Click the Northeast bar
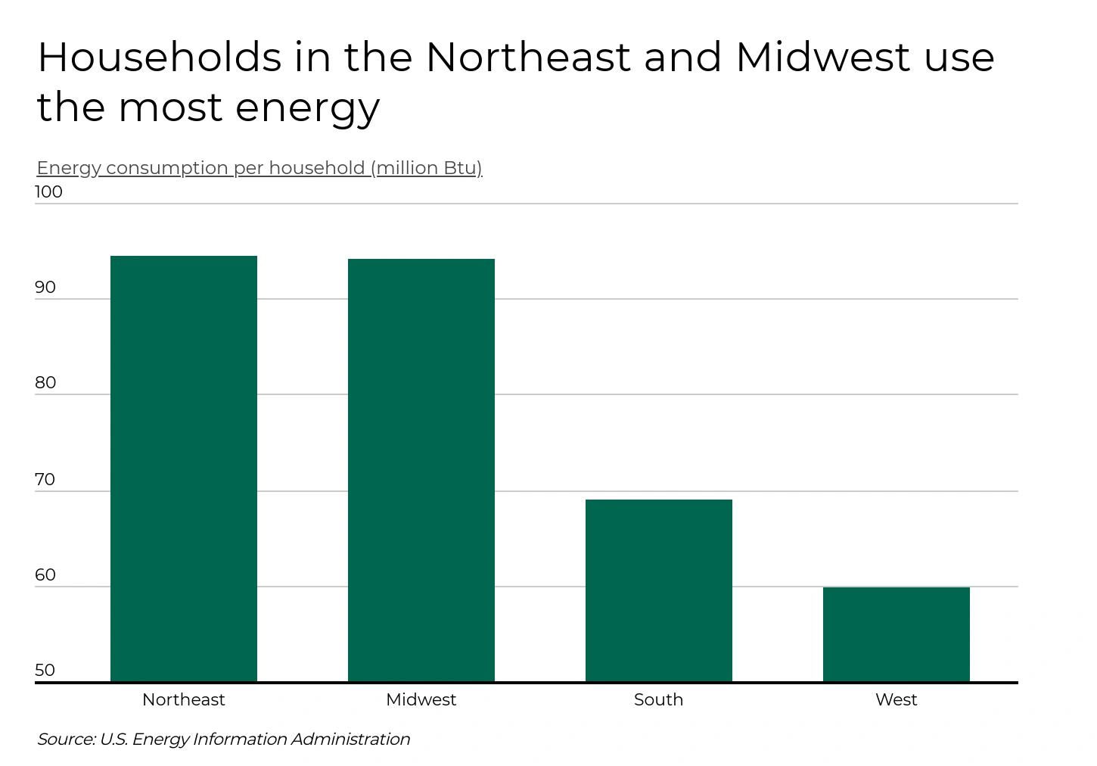click(184, 469)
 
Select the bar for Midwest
click(421, 470)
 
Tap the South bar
click(659, 590)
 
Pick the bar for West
click(897, 634)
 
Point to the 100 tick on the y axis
click(48, 192)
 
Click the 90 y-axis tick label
click(45, 288)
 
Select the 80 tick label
click(45, 383)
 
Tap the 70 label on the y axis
click(45, 480)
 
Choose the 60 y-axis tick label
click(45, 575)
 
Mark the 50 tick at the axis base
click(45, 671)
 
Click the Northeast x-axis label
click(184, 700)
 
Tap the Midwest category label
click(421, 700)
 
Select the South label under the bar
click(659, 700)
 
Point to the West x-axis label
click(897, 700)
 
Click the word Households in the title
click(159, 58)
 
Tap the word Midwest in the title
click(822, 58)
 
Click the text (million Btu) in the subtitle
click(426, 168)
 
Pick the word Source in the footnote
click(66, 740)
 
